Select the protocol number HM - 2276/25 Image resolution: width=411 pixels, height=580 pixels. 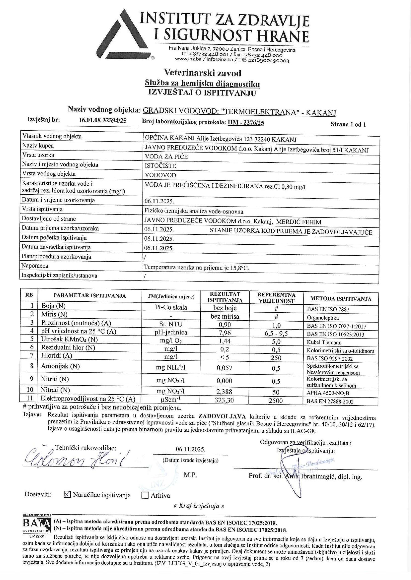coord(246,123)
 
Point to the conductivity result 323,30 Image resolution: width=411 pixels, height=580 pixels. coord(224,400)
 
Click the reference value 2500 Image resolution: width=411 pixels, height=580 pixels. coord(276,401)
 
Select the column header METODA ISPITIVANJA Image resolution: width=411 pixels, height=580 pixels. coord(341,299)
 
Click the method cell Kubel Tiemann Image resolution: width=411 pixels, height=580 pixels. coord(324,342)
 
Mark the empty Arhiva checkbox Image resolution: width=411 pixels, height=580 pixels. coord(145,495)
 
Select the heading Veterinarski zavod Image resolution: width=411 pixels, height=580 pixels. coord(202,73)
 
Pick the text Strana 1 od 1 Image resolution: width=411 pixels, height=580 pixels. coord(348,125)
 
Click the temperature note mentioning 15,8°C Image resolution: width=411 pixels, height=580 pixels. coord(196,268)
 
